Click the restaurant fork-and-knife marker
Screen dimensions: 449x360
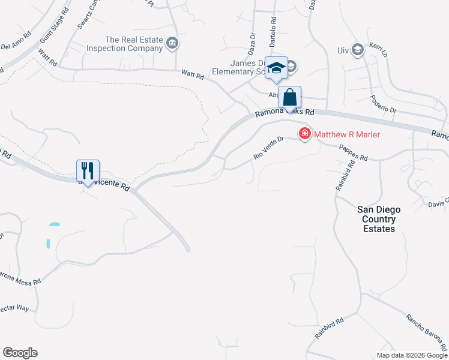coord(88,171)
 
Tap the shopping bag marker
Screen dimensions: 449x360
coord(289,97)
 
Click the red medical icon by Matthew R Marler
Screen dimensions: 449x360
coord(304,133)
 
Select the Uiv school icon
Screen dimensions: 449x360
coord(358,50)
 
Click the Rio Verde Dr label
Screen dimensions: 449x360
coord(268,148)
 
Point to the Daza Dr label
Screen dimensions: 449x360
coord(253,44)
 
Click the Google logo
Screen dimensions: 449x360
coord(20,353)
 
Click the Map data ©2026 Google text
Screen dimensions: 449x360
coord(411,355)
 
